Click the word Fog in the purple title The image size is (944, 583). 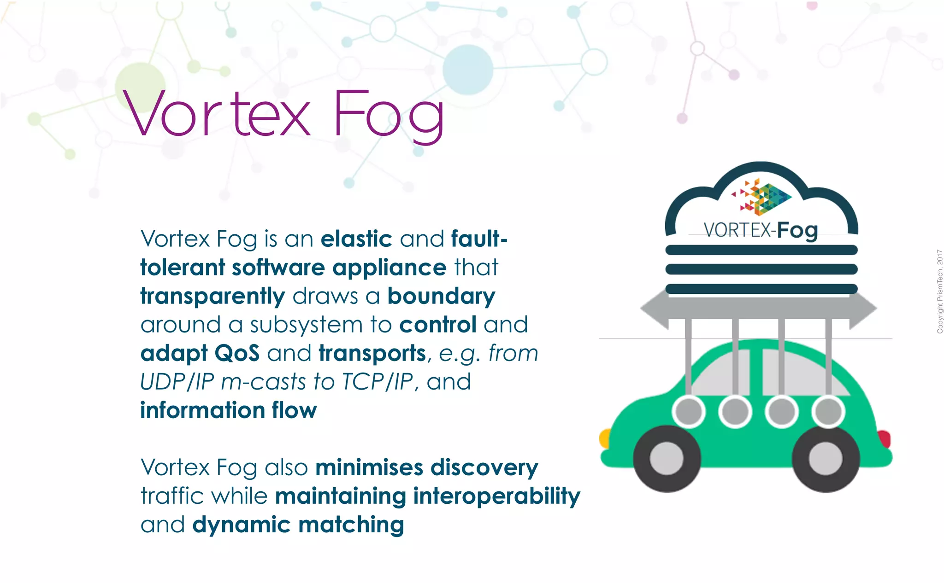pyautogui.click(x=388, y=115)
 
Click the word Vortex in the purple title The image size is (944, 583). pyautogui.click(x=217, y=114)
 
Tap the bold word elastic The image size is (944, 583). pyautogui.click(x=356, y=239)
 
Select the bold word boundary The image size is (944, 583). pyautogui.click(x=441, y=296)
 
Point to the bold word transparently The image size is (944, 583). pyautogui.click(x=212, y=296)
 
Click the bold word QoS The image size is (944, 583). pyautogui.click(x=237, y=353)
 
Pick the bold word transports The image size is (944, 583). pyautogui.click(x=372, y=353)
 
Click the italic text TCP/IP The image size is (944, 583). pyautogui.click(x=378, y=382)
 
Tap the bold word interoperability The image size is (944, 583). pyautogui.click(x=496, y=496)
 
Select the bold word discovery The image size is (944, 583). pyautogui.click(x=484, y=467)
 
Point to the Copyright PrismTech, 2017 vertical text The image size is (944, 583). pyautogui.click(x=939, y=291)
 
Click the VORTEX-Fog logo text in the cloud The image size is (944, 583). pyautogui.click(x=761, y=230)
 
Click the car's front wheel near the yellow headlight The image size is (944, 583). pyautogui.click(x=667, y=459)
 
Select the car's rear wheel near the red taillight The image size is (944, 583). pyautogui.click(x=826, y=459)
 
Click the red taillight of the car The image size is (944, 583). pyautogui.click(x=884, y=439)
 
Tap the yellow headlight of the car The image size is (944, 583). pyautogui.click(x=604, y=438)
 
